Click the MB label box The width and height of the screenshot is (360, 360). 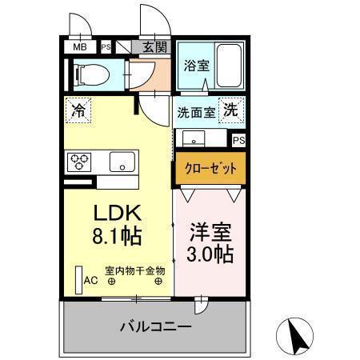click(80, 47)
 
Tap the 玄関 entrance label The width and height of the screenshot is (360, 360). click(155, 47)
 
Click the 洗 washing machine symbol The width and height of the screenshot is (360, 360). click(230, 110)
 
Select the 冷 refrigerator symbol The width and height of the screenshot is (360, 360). click(79, 107)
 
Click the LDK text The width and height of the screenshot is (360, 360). click(118, 214)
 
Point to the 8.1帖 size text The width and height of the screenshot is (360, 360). click(118, 236)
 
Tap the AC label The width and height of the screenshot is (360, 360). click(90, 280)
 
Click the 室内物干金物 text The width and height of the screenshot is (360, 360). click(134, 270)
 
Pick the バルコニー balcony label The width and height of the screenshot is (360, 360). click(155, 326)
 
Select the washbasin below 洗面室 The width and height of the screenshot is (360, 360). click(194, 139)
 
